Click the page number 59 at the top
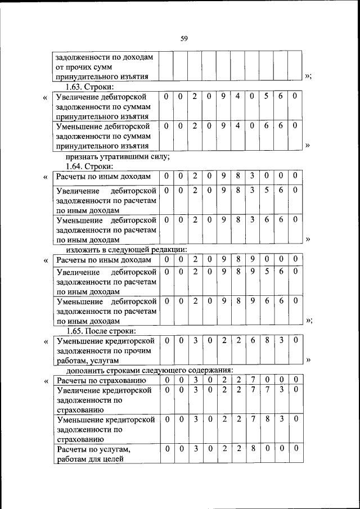click(183, 39)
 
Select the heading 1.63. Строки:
click(89, 87)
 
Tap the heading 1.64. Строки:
click(89, 166)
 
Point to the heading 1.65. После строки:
click(101, 331)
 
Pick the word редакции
click(167, 250)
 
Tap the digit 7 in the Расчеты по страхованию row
click(252, 381)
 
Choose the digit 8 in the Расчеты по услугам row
click(252, 448)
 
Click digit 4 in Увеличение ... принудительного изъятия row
click(237, 97)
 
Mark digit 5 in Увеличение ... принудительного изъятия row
click(267, 97)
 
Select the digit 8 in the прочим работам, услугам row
click(267, 340)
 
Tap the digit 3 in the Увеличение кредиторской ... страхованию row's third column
click(194, 390)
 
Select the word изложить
click(84, 250)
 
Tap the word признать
click(83, 157)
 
